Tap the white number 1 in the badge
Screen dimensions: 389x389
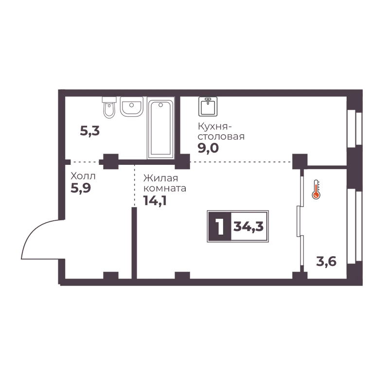click(220, 227)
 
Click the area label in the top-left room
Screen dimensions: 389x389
click(90, 131)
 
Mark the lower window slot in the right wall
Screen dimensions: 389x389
click(353, 224)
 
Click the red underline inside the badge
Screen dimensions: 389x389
click(249, 238)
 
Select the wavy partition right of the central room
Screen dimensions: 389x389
click(298, 219)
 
